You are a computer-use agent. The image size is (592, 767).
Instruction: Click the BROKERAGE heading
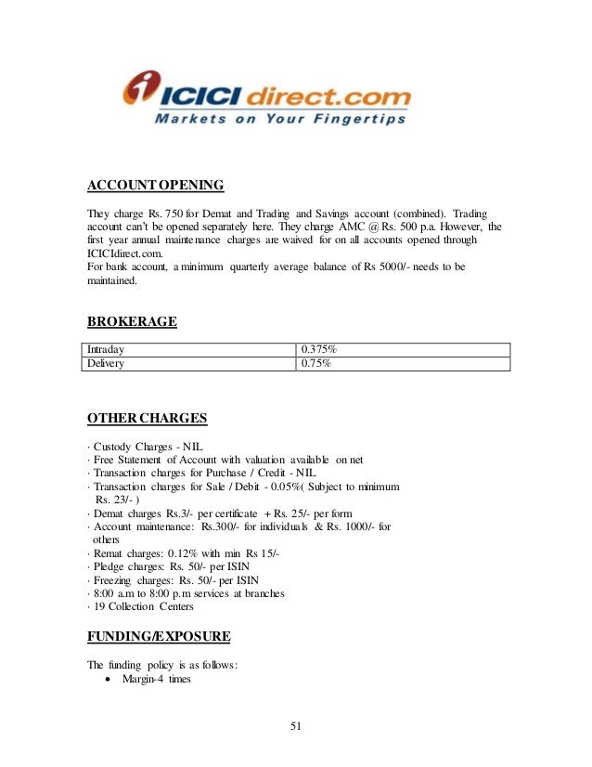coord(132,322)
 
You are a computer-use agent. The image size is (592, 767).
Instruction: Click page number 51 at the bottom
coord(296,725)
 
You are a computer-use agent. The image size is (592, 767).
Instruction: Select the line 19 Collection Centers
coord(142,607)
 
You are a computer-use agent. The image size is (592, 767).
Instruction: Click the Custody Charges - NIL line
coord(146,446)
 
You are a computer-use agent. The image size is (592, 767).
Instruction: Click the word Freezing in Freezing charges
coord(110,580)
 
